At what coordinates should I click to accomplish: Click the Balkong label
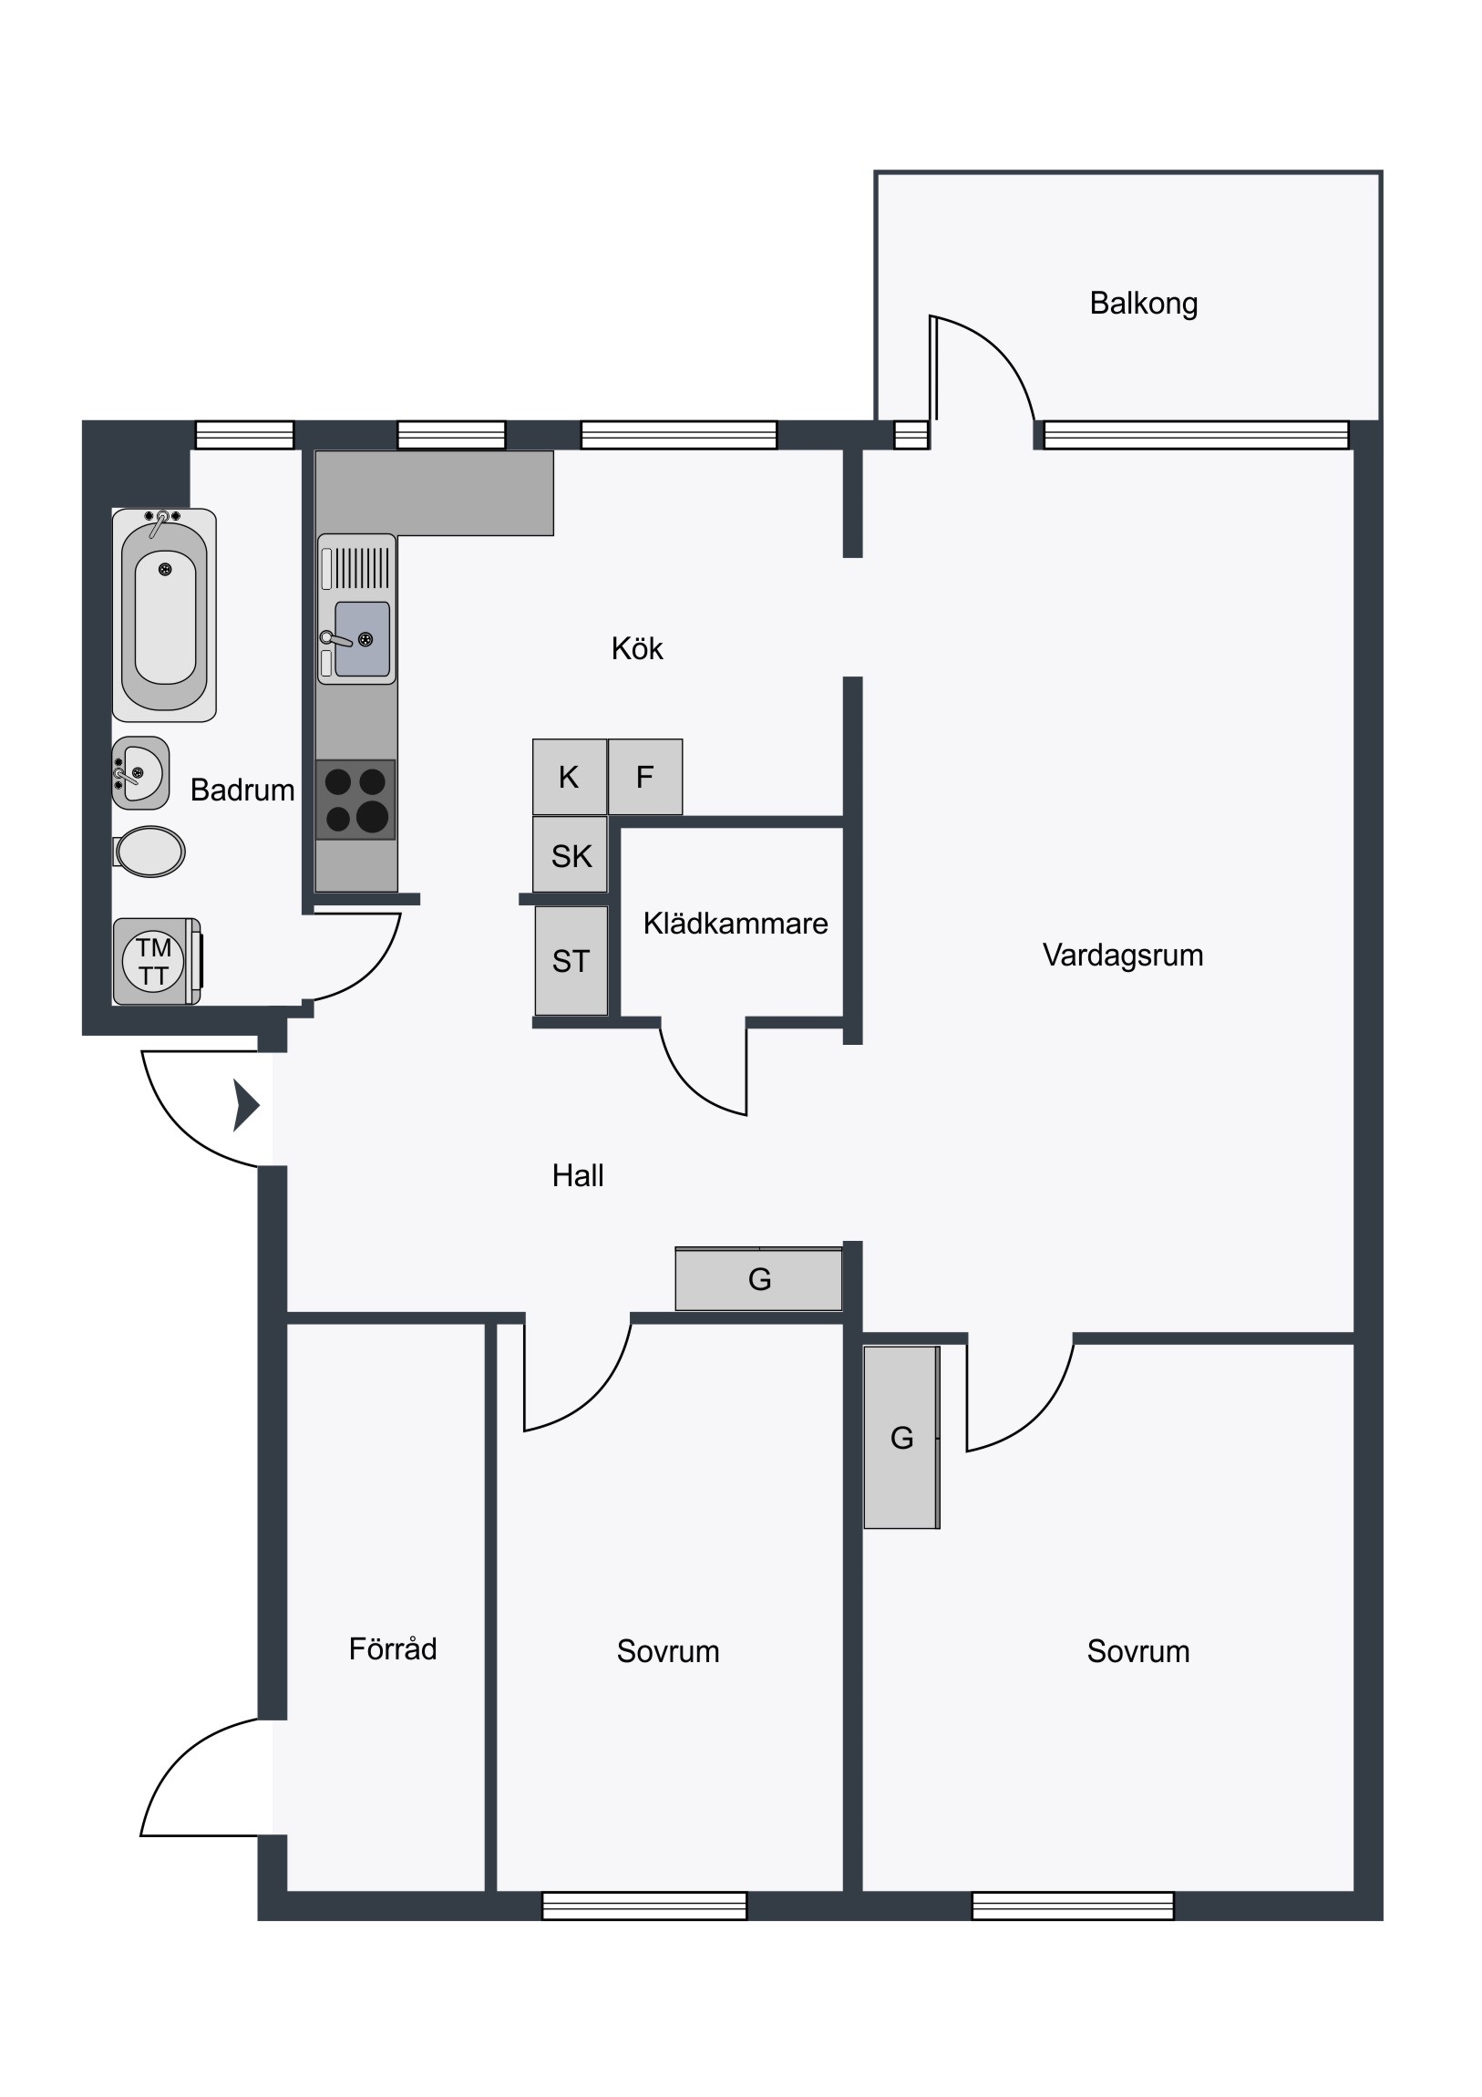[x=1143, y=304]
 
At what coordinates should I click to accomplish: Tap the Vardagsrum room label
[x=1122, y=956]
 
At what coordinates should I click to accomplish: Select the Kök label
[x=636, y=648]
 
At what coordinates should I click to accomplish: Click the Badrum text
[x=242, y=790]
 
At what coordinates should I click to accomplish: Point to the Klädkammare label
[x=735, y=924]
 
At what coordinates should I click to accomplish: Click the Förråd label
[x=393, y=1648]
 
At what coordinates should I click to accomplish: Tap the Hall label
[x=577, y=1175]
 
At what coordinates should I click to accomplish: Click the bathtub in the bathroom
[x=164, y=615]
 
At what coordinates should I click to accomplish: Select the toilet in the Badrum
[x=149, y=852]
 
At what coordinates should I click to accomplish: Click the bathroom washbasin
[x=140, y=772]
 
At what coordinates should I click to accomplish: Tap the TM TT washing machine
[x=157, y=962]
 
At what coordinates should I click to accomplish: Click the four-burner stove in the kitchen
[x=355, y=800]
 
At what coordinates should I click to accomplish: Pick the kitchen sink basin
[x=363, y=638]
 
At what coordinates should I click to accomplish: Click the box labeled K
[x=570, y=776]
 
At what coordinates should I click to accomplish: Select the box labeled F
[x=644, y=776]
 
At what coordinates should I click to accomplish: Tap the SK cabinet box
[x=570, y=854]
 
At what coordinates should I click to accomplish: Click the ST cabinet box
[x=571, y=960]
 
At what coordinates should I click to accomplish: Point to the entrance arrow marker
[x=245, y=1106]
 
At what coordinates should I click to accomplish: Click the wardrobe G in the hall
[x=759, y=1278]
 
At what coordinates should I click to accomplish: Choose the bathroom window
[x=244, y=435]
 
